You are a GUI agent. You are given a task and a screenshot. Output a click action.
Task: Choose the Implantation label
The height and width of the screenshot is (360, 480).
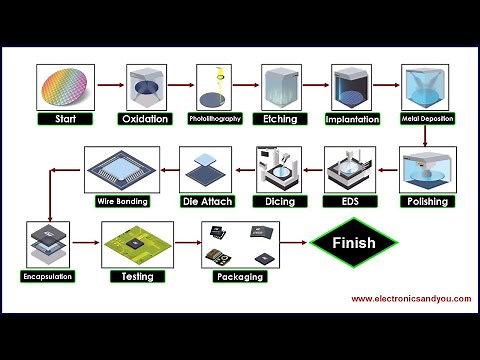(353, 119)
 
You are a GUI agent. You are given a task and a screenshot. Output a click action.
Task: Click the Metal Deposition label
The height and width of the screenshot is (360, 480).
(427, 119)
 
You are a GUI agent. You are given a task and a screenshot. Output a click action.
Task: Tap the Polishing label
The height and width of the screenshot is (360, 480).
(427, 200)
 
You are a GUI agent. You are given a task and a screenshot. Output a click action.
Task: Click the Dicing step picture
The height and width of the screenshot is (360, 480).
(282, 170)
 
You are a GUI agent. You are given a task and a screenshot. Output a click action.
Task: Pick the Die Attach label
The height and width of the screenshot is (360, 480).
(207, 201)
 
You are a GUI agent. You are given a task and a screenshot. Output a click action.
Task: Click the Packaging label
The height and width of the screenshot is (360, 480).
(241, 277)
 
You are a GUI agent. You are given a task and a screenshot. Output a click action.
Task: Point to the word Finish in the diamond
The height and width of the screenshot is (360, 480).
(354, 243)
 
